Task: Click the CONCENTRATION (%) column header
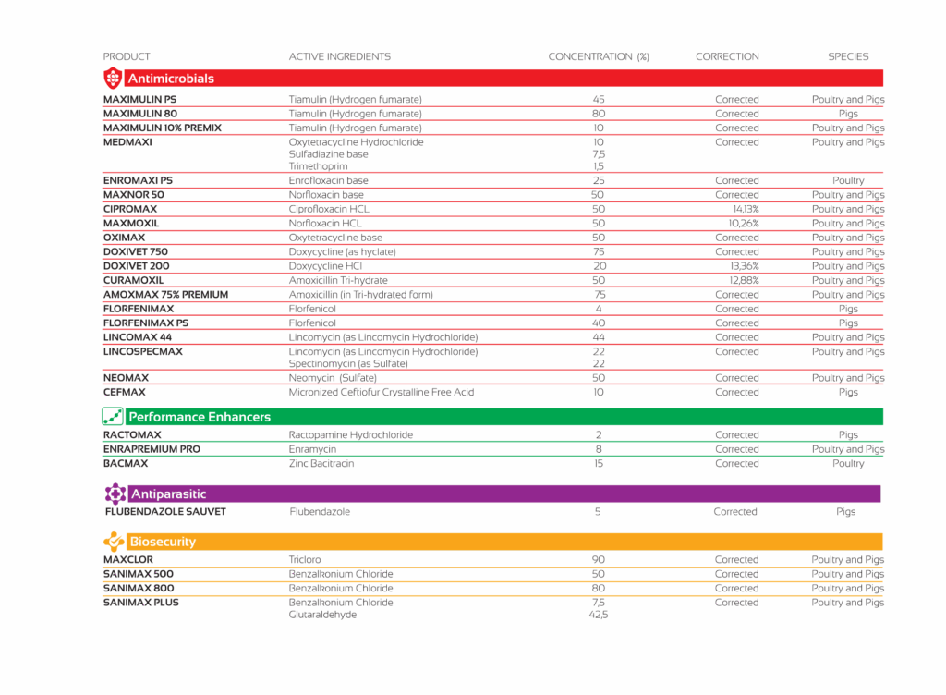coord(599,56)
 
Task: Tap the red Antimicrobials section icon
coord(113,78)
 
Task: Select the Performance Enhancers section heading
coord(200,417)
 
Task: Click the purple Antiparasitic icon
coord(115,494)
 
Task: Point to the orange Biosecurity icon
coord(114,542)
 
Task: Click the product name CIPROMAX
coord(130,209)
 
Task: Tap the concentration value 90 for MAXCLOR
coord(598,559)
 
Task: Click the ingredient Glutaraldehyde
coord(322,615)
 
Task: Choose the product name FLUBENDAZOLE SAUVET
coord(165,511)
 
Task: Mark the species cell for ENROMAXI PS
coord(848,180)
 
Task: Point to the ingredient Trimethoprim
coord(319,166)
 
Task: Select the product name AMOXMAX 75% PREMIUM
coord(165,294)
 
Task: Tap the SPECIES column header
coord(848,56)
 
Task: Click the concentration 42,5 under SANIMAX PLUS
coord(598,615)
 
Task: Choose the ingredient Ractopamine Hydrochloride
coord(351,434)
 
